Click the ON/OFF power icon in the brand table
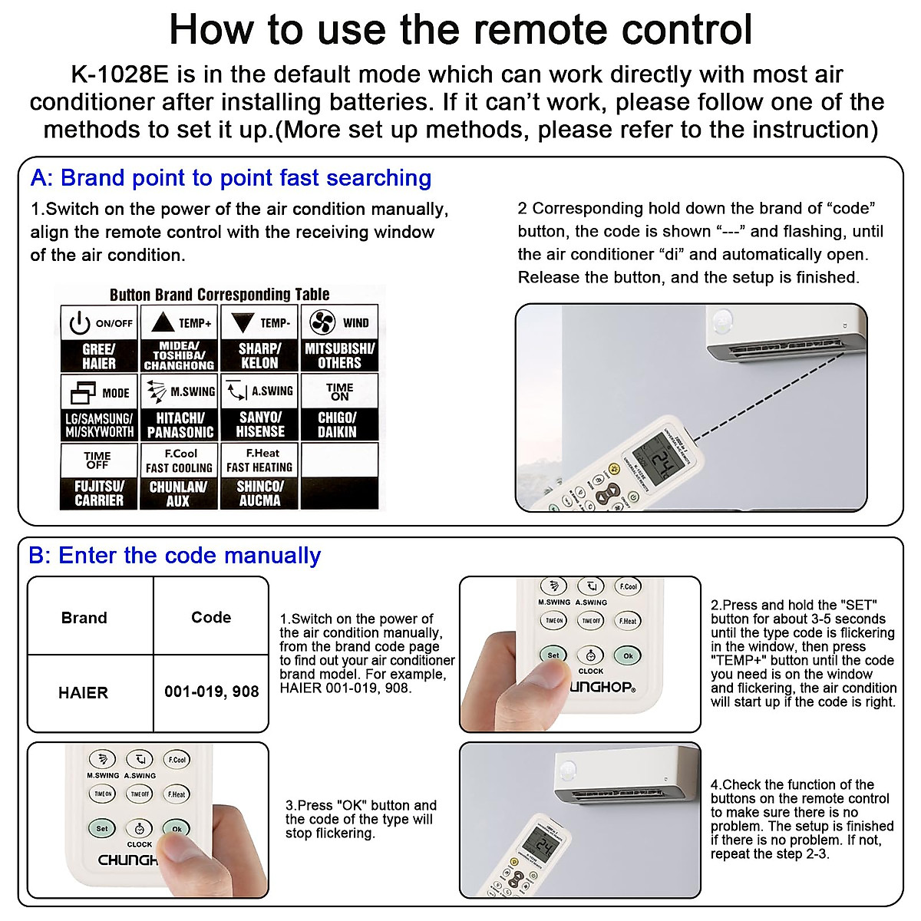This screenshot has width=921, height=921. pos(80,324)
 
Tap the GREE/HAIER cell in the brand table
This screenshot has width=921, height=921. pos(99,356)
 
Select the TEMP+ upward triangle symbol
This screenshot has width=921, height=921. pos(163,322)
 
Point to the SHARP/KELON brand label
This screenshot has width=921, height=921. pos(259,356)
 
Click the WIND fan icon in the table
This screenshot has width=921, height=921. pos(321,322)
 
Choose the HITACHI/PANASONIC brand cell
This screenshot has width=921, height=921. pos(180,424)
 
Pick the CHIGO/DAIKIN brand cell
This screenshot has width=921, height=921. pos(338,424)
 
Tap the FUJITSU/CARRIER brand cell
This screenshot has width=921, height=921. pos(99,494)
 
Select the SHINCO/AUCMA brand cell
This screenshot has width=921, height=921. pos(259,494)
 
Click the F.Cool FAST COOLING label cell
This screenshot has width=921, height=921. pos(180,460)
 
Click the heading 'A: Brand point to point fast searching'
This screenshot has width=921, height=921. pos(230,178)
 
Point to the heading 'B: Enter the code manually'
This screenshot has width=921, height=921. pos(175,556)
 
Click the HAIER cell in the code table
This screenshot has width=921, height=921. pos(83,693)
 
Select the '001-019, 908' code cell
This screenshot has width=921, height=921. pos(211,692)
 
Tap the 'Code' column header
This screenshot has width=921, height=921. pos(211,618)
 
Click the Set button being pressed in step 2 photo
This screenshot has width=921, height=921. pos(553,655)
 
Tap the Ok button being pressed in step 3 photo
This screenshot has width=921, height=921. pos(177,829)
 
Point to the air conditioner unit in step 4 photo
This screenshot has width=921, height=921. pos(626,775)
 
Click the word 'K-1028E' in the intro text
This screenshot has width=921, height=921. pos(120,75)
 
